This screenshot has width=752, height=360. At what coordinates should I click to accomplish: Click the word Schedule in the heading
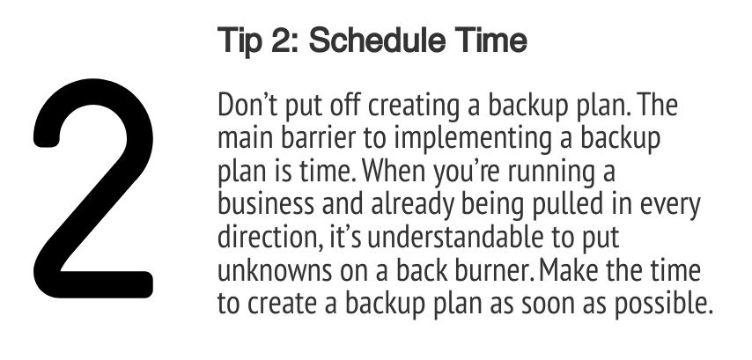click(x=373, y=40)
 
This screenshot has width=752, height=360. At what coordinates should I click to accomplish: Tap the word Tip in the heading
click(x=240, y=41)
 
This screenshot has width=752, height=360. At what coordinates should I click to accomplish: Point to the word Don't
click(x=247, y=105)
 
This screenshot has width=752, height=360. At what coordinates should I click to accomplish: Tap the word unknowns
click(x=275, y=270)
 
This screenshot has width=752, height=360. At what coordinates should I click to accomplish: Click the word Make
click(x=569, y=270)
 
